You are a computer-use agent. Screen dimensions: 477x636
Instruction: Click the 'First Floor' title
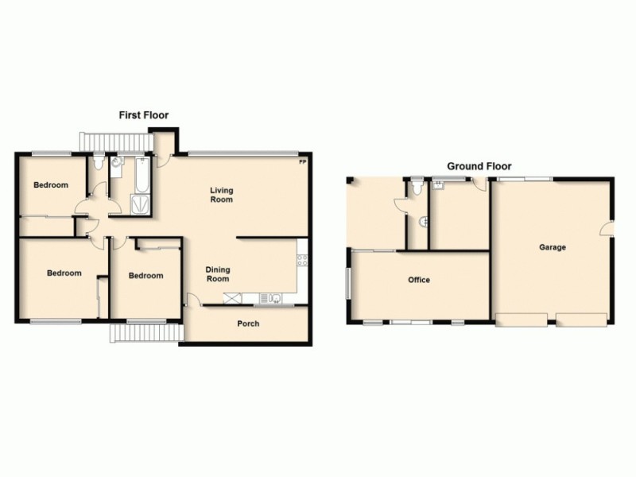(144, 115)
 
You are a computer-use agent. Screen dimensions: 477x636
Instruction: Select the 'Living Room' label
(222, 195)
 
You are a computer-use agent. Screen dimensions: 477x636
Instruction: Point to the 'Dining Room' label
(218, 274)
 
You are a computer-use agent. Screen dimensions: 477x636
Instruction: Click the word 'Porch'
(248, 324)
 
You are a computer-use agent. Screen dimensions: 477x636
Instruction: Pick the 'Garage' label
(553, 247)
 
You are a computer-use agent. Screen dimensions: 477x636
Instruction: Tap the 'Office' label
(419, 280)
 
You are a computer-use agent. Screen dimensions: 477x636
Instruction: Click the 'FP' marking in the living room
(302, 163)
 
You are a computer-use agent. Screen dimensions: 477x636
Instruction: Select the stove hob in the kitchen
(302, 258)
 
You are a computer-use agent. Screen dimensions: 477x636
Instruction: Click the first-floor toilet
(98, 164)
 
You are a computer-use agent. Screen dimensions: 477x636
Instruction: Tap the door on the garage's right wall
(607, 228)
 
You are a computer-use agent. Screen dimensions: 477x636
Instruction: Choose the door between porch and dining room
(192, 300)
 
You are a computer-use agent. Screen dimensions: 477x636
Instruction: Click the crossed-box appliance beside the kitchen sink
(234, 298)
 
